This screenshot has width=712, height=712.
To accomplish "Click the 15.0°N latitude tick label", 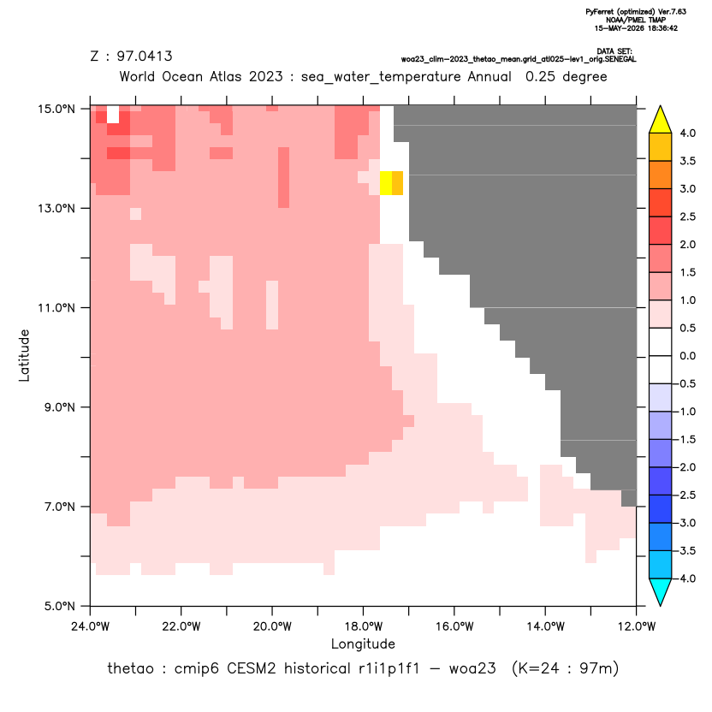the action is (x=56, y=109).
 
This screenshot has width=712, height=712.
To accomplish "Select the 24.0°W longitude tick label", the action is (x=91, y=626).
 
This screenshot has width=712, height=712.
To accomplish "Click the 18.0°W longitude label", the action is (x=363, y=626).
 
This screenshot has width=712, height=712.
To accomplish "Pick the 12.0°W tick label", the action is (x=636, y=626).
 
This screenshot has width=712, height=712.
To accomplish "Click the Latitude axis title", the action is (x=24, y=355).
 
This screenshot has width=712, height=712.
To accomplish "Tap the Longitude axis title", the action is (x=363, y=644).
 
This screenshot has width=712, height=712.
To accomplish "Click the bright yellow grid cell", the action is (x=385, y=183).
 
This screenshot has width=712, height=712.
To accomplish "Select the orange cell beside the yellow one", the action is (x=397, y=183).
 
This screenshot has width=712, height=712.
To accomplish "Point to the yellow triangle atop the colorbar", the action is (x=661, y=120).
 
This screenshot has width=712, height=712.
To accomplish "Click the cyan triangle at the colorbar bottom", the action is (x=661, y=592).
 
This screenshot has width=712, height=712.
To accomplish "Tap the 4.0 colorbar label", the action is (x=687, y=133).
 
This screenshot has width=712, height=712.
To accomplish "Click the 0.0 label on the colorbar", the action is (x=687, y=356).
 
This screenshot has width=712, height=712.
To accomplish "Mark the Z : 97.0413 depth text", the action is (x=131, y=56).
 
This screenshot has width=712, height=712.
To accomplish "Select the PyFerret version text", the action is (x=636, y=12).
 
